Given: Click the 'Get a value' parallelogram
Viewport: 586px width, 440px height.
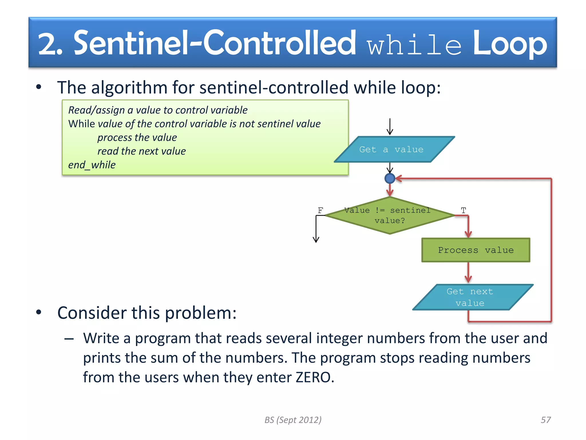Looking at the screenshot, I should pyautogui.click(x=394, y=149).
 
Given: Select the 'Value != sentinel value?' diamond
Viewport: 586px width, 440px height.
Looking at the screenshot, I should pyautogui.click(x=389, y=215).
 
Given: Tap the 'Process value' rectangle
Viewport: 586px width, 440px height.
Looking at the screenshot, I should pyautogui.click(x=476, y=250).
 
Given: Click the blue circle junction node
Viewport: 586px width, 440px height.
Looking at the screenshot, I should pyautogui.click(x=390, y=178).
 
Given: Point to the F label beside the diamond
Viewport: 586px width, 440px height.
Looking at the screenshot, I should pyautogui.click(x=320, y=211).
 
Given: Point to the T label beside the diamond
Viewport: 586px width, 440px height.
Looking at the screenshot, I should pyautogui.click(x=463, y=211).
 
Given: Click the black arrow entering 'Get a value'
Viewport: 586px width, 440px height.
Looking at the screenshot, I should pyautogui.click(x=390, y=127).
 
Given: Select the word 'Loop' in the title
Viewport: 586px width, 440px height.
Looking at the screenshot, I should pyautogui.click(x=510, y=44).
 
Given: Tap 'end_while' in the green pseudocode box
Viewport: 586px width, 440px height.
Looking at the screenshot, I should pyautogui.click(x=92, y=165).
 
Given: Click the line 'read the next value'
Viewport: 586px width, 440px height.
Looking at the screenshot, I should pyautogui.click(x=141, y=151).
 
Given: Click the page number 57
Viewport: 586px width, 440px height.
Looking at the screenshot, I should pyautogui.click(x=545, y=420).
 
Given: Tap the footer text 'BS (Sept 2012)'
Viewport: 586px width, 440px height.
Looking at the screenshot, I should pyautogui.click(x=293, y=420).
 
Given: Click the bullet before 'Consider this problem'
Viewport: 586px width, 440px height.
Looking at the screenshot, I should pyautogui.click(x=39, y=312).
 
